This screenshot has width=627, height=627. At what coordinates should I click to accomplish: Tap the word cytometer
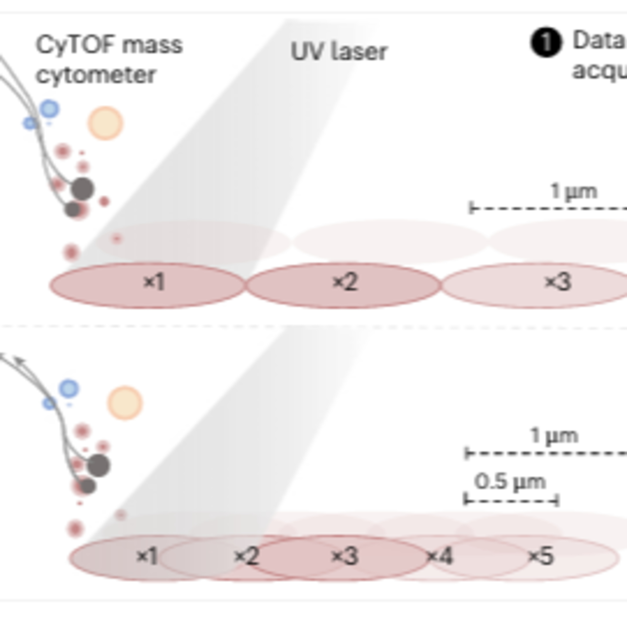(96, 75)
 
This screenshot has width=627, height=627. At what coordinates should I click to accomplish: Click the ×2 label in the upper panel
(345, 282)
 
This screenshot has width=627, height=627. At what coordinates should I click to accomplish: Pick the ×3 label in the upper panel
(558, 282)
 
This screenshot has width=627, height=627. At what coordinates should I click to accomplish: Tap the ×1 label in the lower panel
(147, 556)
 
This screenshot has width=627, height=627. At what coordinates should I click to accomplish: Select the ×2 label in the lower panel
(246, 556)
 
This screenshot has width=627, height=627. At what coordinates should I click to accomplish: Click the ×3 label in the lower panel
(345, 556)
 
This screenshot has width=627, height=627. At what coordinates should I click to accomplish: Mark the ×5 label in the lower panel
(541, 556)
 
